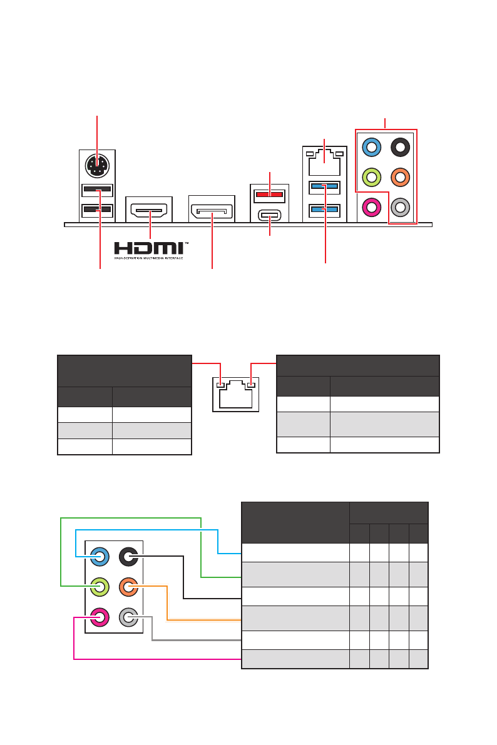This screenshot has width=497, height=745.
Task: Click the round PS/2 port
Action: click(97, 165)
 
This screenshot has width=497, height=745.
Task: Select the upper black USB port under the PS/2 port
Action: click(97, 190)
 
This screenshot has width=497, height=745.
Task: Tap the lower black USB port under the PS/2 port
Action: click(97, 210)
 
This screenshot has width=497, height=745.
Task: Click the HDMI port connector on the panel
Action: click(150, 209)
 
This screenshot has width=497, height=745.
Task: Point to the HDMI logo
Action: click(150, 248)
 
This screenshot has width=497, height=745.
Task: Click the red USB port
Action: click(269, 194)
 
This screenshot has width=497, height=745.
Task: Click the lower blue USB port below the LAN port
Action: click(324, 210)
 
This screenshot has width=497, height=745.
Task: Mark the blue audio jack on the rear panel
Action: click(372, 148)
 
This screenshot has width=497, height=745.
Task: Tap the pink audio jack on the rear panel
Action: click(372, 206)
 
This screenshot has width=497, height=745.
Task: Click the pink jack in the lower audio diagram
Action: click(100, 618)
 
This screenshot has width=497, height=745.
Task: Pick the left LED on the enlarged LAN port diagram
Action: click(220, 385)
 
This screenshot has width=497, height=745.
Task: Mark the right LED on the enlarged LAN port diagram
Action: click(251, 385)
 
